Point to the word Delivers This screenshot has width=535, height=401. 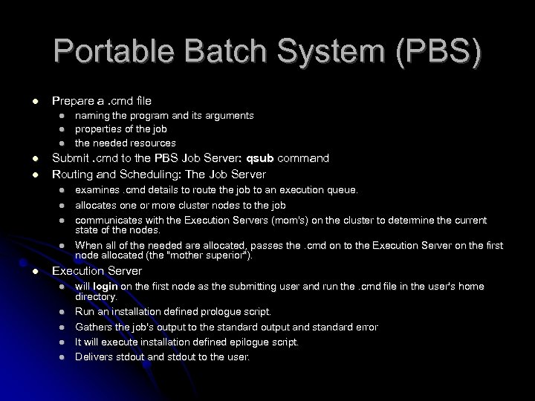(93, 357)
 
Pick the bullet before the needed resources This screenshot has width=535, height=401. (64, 143)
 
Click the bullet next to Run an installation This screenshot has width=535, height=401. (64, 312)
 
